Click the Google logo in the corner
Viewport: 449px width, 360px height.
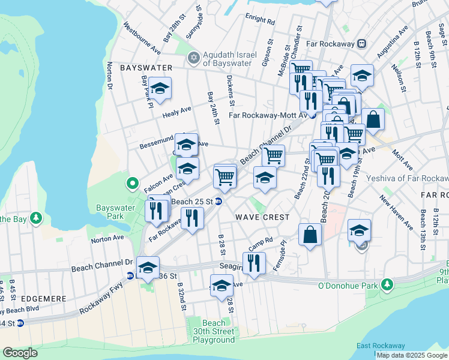(20, 353)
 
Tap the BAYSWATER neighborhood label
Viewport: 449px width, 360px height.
(146, 68)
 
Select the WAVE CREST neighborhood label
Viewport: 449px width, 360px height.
(262, 217)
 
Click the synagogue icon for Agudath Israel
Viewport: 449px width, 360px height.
(193, 58)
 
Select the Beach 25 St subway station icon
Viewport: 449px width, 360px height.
(219, 202)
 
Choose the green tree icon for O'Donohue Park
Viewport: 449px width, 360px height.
(389, 283)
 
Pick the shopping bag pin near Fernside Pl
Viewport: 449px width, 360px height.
(310, 236)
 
